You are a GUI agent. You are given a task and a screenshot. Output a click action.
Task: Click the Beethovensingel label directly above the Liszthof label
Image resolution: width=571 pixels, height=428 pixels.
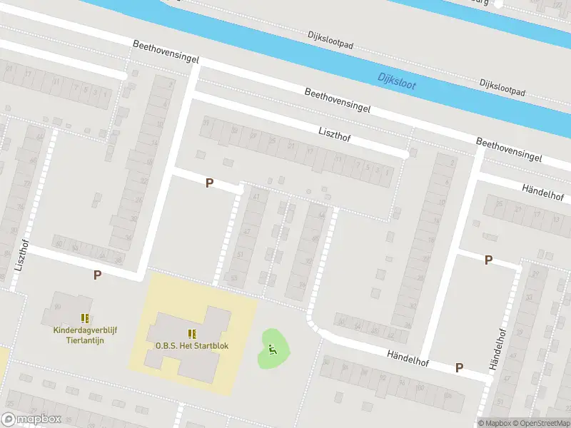tap(338, 101)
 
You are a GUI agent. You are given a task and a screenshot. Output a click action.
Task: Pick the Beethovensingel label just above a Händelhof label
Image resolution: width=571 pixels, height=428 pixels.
tap(509, 148)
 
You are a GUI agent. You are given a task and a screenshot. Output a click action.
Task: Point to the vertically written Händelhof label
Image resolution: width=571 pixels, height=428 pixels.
tap(496, 350)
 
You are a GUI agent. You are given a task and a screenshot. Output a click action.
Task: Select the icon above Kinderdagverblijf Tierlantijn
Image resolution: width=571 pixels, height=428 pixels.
tap(85, 317)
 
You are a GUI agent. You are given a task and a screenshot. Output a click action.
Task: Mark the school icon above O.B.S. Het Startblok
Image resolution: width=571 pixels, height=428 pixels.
tap(191, 333)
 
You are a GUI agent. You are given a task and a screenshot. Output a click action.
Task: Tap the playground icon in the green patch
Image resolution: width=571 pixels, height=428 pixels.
tap(271, 349)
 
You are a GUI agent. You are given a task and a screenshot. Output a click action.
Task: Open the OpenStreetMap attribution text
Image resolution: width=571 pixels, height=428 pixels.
tap(542, 423)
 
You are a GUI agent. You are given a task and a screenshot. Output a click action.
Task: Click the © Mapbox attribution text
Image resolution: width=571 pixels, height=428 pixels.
tap(494, 423)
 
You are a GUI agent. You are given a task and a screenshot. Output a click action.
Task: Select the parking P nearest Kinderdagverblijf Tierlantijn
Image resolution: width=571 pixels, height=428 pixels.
tap(97, 275)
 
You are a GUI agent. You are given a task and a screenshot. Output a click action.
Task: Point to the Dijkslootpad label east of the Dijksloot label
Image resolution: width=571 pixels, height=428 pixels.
tap(502, 88)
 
